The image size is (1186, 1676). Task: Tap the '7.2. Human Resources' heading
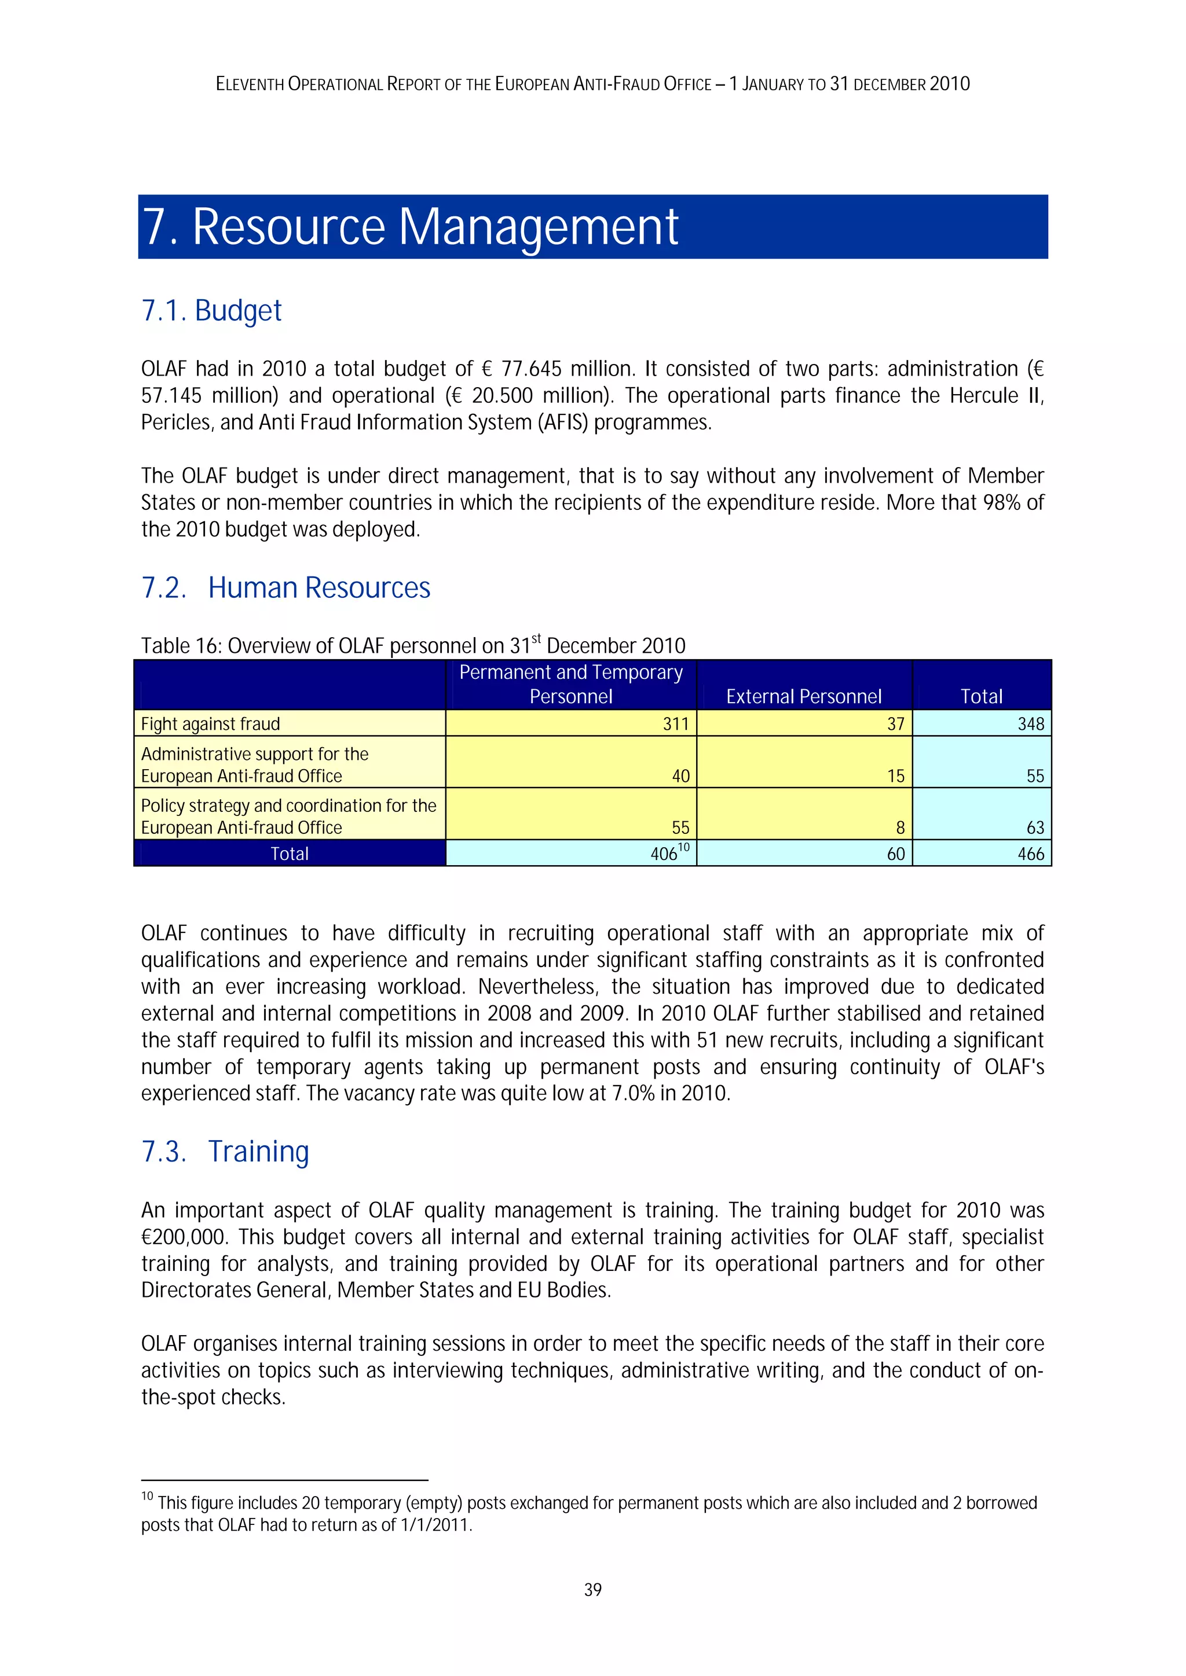click(x=285, y=587)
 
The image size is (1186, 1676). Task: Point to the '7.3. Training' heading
click(x=225, y=1151)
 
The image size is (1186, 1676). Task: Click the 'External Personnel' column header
click(x=803, y=696)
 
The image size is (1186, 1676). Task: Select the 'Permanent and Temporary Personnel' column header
click(x=570, y=684)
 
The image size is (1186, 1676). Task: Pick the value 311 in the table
click(x=676, y=723)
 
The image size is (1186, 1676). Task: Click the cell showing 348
click(x=1030, y=723)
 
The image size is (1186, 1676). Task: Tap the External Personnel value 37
click(x=895, y=723)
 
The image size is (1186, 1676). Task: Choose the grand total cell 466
click(x=1030, y=853)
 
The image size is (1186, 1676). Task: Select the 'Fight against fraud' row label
click(x=210, y=723)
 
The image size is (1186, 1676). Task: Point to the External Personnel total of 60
click(x=895, y=853)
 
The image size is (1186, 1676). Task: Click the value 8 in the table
click(x=900, y=827)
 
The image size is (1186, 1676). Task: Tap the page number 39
click(x=592, y=1589)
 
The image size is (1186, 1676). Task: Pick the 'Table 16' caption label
click(x=182, y=646)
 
